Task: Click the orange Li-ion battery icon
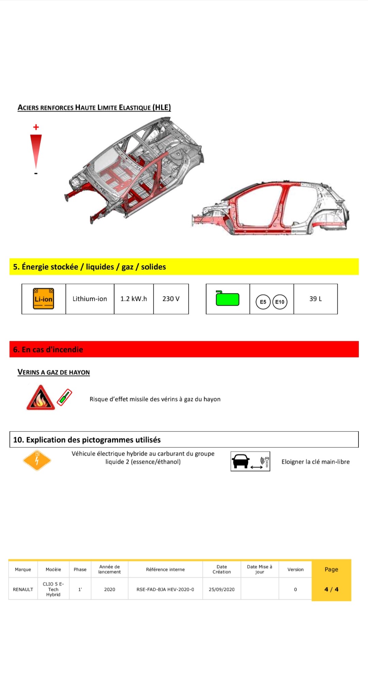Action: (x=44, y=299)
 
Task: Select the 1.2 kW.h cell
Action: (x=134, y=299)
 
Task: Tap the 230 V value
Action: (x=171, y=299)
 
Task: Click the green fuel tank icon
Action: (x=227, y=298)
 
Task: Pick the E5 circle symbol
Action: (x=263, y=302)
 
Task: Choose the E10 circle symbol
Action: (x=280, y=302)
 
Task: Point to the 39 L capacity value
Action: (x=316, y=299)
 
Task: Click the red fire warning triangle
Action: (x=41, y=398)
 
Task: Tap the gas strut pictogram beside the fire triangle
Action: (x=65, y=397)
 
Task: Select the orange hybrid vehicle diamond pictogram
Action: (x=37, y=461)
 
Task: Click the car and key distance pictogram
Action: (x=250, y=462)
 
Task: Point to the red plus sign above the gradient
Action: (x=36, y=127)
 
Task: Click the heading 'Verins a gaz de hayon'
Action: (x=53, y=372)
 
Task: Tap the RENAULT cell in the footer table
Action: (x=23, y=589)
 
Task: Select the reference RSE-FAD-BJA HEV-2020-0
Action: (x=165, y=589)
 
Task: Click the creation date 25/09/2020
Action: (x=221, y=589)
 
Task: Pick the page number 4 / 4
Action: (x=331, y=589)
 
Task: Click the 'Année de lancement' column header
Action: (x=109, y=569)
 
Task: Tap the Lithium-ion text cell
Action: (x=90, y=299)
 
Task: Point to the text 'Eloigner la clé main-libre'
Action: (x=316, y=462)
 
